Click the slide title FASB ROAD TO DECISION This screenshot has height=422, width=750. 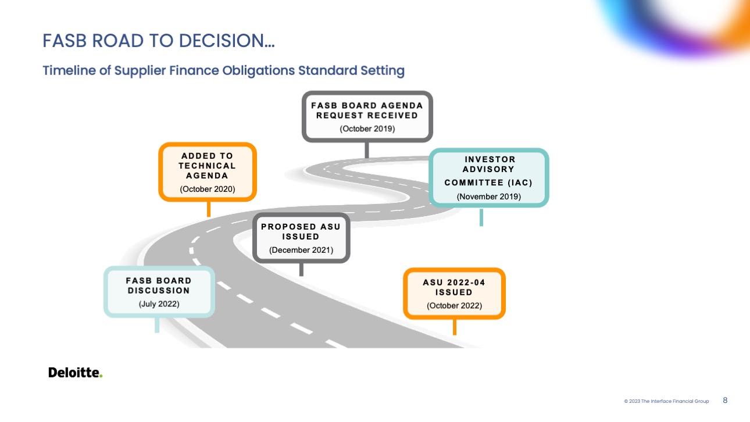pyautogui.click(x=159, y=41)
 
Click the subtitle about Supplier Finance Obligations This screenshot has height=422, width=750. pyautogui.click(x=223, y=71)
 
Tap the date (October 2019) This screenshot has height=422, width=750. pyautogui.click(x=367, y=128)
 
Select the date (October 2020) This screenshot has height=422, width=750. pyautogui.click(x=208, y=189)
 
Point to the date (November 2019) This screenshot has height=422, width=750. pyautogui.click(x=488, y=196)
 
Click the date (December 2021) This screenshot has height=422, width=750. pyautogui.click(x=301, y=250)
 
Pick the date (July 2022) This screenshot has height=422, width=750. pyautogui.click(x=159, y=304)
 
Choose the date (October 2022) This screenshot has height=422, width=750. pyautogui.click(x=454, y=306)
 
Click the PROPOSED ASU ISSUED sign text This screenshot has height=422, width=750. pyautogui.click(x=301, y=231)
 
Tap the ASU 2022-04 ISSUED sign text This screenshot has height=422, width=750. pyautogui.click(x=454, y=287)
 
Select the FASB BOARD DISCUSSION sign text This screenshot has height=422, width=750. pyautogui.click(x=159, y=285)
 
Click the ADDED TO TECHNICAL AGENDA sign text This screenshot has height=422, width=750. pyautogui.click(x=207, y=166)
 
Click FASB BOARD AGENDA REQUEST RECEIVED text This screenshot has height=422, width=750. pyautogui.click(x=367, y=110)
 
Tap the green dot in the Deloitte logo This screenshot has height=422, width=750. pyautogui.click(x=101, y=376)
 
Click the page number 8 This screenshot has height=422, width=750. pyautogui.click(x=725, y=400)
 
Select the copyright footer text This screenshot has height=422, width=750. pyautogui.click(x=666, y=401)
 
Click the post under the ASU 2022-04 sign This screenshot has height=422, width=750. pyautogui.click(x=454, y=327)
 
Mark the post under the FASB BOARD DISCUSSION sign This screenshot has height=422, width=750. pyautogui.click(x=157, y=325)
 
